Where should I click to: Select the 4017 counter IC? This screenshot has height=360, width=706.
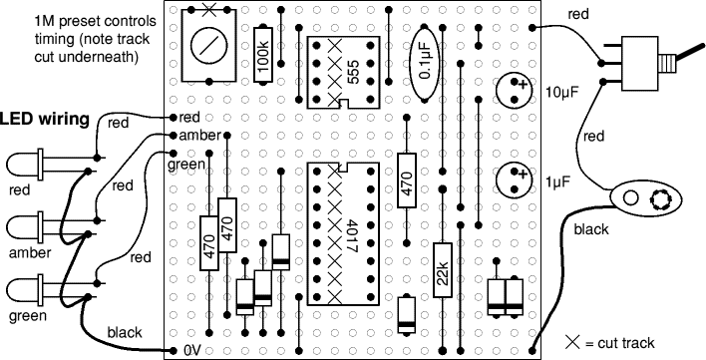pyautogui.click(x=344, y=235)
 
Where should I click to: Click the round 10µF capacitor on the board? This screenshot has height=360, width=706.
pyautogui.click(x=518, y=91)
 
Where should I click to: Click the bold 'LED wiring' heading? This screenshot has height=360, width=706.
pyautogui.click(x=46, y=120)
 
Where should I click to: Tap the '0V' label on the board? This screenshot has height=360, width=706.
pyautogui.click(x=192, y=351)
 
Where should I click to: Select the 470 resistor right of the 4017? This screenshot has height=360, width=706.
pyautogui.click(x=406, y=180)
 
